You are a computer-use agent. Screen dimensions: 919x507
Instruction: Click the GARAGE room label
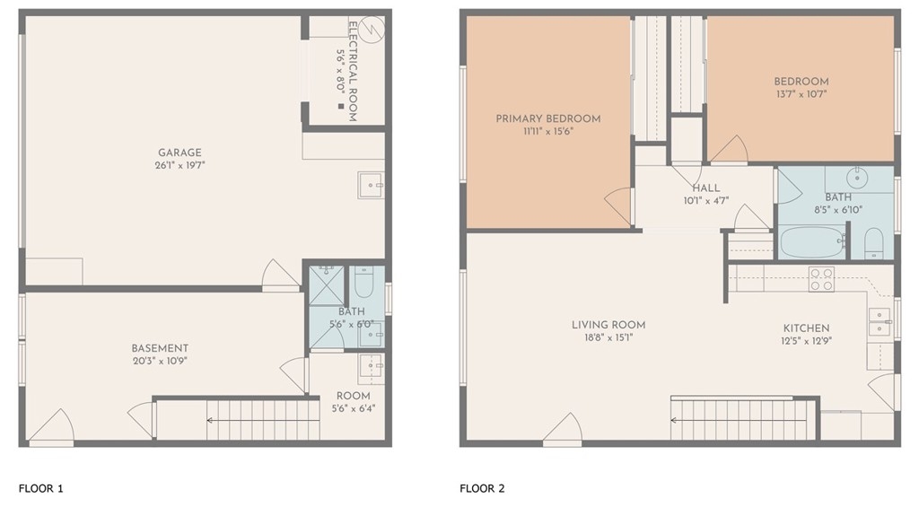[x=179, y=153]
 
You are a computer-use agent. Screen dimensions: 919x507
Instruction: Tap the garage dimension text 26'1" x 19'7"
[x=179, y=165]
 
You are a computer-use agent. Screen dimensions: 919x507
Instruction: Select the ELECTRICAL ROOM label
[x=353, y=71]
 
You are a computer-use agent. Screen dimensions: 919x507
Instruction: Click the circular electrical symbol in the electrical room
[x=372, y=29]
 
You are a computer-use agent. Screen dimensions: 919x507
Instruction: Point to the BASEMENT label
[x=160, y=348]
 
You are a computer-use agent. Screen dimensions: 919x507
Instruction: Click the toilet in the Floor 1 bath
[x=364, y=283]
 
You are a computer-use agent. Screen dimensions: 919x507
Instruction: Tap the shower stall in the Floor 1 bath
[x=327, y=285]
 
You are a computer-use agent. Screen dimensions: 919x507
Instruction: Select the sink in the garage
[x=371, y=186]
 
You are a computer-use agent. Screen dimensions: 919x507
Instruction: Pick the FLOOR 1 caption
[x=40, y=488]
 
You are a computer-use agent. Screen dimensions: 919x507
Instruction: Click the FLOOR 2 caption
[x=482, y=488]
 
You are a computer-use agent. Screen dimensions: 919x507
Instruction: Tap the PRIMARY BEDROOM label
[x=548, y=119]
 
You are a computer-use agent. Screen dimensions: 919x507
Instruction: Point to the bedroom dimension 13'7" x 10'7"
[x=801, y=94]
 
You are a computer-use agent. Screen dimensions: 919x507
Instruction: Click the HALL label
[x=705, y=188]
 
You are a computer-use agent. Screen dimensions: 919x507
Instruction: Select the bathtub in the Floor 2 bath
[x=812, y=242]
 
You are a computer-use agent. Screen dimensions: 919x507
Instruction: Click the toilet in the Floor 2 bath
[x=873, y=242]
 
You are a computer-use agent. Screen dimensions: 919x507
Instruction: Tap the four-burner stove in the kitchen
[x=821, y=279]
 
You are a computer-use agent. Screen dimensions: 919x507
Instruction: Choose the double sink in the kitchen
[x=880, y=322]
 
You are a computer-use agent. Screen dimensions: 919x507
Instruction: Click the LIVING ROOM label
[x=608, y=325]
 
